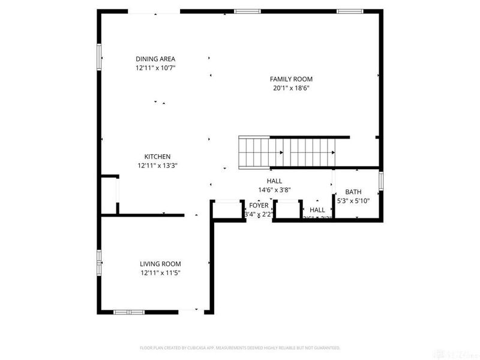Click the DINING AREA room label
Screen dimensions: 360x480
click(155, 59)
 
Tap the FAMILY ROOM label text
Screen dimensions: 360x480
click(291, 79)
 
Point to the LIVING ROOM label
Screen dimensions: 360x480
click(160, 264)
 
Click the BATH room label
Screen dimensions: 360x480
click(353, 192)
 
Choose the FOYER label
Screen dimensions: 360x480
click(259, 205)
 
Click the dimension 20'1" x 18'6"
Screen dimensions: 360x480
click(291, 88)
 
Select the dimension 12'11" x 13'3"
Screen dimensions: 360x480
click(157, 166)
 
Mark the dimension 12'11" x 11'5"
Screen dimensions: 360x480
click(160, 273)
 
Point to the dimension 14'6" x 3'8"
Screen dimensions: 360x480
click(274, 190)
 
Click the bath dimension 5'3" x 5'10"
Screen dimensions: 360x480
click(353, 200)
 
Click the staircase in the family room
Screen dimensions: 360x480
click(294, 152)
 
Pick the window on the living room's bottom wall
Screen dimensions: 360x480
click(129, 312)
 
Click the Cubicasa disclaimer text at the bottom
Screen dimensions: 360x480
click(240, 347)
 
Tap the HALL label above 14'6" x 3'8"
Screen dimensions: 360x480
click(274, 181)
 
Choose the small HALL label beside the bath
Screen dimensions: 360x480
click(317, 210)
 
